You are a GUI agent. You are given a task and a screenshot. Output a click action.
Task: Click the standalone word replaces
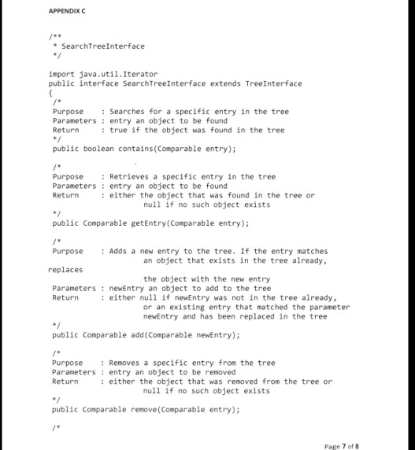coord(65,270)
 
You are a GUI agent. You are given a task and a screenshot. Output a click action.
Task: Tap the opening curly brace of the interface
coord(51,92)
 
